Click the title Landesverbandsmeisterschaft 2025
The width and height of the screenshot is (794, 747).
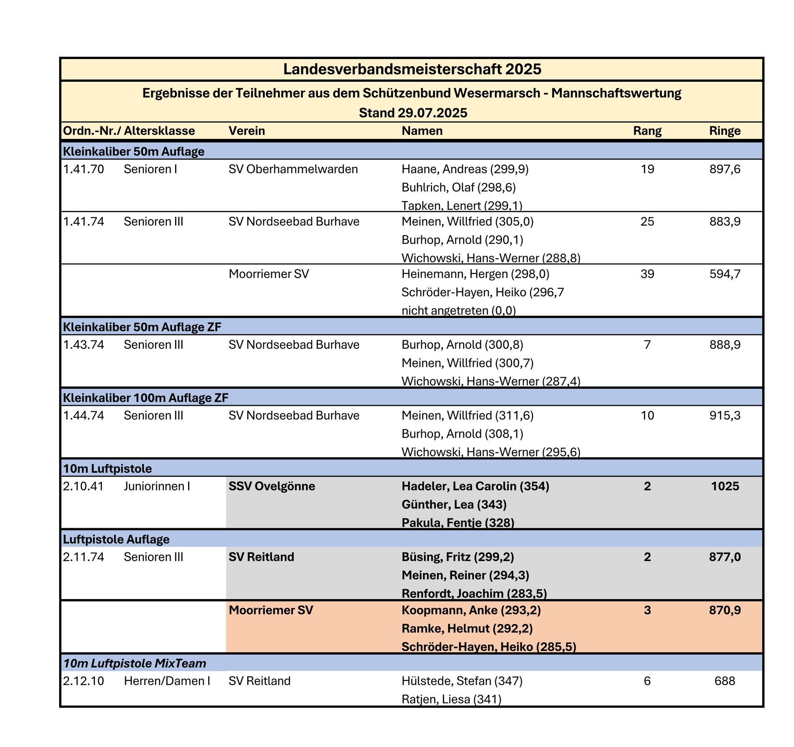(x=412, y=69)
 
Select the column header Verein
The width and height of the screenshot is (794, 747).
(x=247, y=131)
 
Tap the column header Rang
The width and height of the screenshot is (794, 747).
(x=647, y=131)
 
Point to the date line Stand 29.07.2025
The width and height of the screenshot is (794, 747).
(x=413, y=113)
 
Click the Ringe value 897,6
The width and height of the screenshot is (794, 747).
(x=724, y=169)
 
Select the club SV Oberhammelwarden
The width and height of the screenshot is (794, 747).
(x=293, y=169)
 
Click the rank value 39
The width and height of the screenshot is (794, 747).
(x=647, y=274)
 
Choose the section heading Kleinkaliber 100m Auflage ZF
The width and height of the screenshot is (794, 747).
(x=145, y=397)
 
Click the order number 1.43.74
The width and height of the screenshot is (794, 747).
(x=84, y=345)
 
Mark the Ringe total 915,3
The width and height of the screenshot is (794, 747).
(x=724, y=415)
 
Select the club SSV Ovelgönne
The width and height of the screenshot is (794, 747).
(x=272, y=486)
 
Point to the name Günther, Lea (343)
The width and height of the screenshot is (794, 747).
(x=454, y=504)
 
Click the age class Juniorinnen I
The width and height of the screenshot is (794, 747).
(x=157, y=486)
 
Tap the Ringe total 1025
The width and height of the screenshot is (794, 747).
(x=724, y=486)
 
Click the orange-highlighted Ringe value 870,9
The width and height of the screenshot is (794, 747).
(x=724, y=610)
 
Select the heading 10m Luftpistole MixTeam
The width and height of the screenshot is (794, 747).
(x=134, y=664)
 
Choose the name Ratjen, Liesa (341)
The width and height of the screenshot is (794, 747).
(x=451, y=699)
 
